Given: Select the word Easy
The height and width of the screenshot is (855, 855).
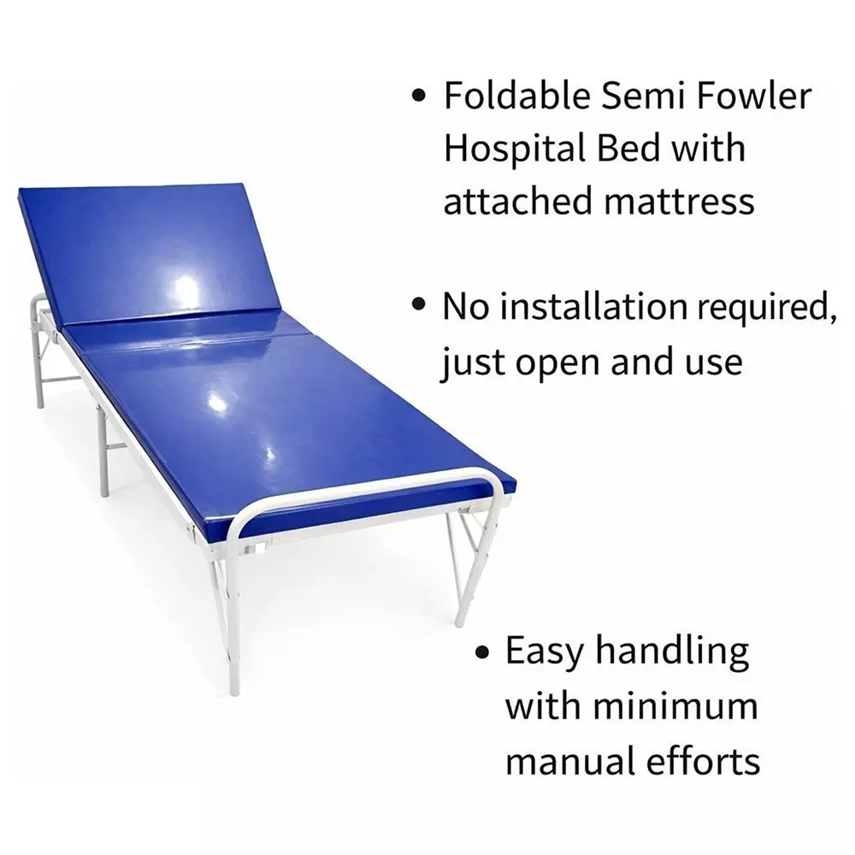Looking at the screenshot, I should [x=545, y=653].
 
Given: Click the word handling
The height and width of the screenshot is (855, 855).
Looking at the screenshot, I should [x=672, y=653].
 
